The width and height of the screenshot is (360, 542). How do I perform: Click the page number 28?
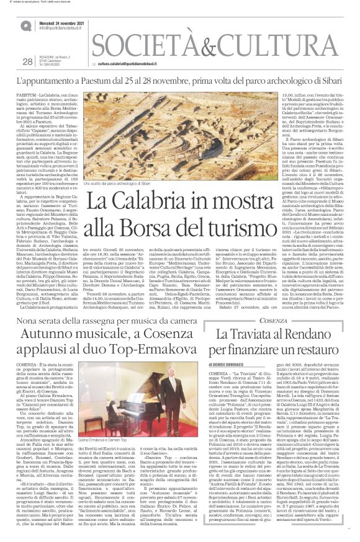pyautogui.click(x=27, y=61)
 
